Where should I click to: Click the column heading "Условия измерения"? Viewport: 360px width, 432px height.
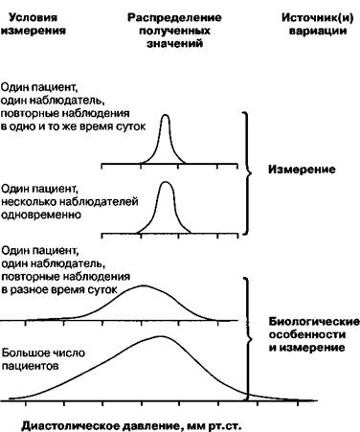[34, 24]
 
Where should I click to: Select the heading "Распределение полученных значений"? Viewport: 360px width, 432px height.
[174, 31]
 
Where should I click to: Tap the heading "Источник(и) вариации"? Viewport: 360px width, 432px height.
[318, 24]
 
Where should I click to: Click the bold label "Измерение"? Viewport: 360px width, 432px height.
[302, 170]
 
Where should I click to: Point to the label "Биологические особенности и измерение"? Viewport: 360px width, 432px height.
[314, 334]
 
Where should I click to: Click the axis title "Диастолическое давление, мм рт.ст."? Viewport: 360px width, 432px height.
[131, 425]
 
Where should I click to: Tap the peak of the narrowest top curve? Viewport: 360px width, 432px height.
[166, 115]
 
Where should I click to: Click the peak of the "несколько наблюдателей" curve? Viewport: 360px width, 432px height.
[166, 182]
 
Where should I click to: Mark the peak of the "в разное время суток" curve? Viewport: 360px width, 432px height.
[144, 285]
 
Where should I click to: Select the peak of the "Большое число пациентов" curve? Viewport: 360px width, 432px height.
[161, 336]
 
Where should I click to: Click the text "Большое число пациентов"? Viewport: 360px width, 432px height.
[43, 359]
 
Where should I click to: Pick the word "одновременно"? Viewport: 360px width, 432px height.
[41, 215]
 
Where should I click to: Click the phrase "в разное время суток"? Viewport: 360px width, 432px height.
[59, 290]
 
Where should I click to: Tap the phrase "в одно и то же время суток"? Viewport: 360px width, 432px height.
[73, 126]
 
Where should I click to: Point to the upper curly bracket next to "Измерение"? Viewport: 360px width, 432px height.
[247, 173]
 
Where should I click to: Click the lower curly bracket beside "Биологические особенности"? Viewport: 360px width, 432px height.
[247, 338]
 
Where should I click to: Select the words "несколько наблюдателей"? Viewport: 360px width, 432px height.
[70, 202]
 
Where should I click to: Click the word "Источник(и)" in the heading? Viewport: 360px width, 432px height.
[318, 18]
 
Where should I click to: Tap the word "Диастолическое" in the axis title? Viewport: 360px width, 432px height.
[73, 425]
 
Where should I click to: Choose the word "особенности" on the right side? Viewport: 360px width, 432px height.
[307, 334]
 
